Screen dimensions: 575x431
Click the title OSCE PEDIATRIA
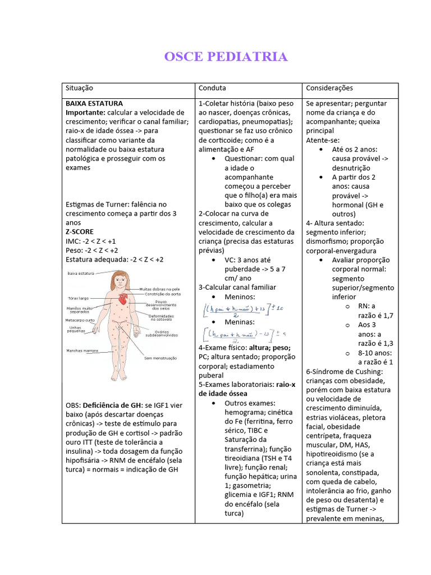(x=226, y=57)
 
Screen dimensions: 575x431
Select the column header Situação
(x=79, y=88)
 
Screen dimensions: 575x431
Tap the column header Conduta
(x=212, y=88)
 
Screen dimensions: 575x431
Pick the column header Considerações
(x=329, y=88)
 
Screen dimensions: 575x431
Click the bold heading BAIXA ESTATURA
(x=94, y=103)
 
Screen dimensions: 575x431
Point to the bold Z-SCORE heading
(x=80, y=232)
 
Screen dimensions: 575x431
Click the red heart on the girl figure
(x=123, y=299)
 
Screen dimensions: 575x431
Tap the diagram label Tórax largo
(x=78, y=298)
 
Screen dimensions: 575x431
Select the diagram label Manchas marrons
(x=82, y=351)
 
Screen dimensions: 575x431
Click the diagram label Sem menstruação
(x=161, y=358)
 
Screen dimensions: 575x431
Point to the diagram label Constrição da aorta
(x=162, y=294)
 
